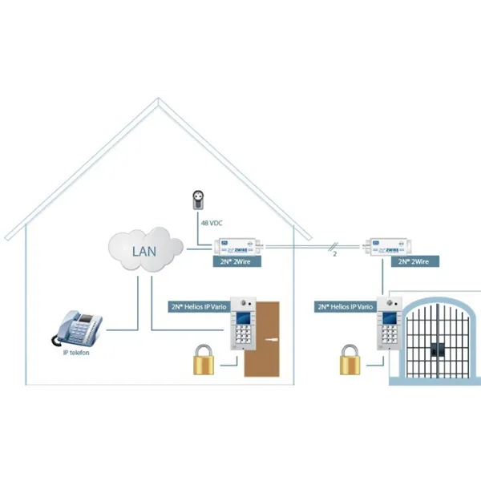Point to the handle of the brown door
coord(273,341)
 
